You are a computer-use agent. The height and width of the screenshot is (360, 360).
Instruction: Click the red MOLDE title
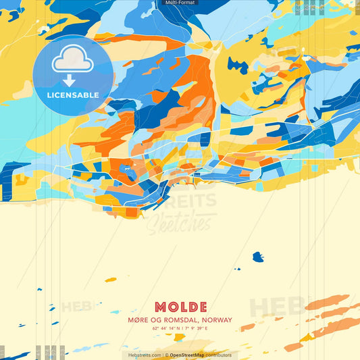[180, 307]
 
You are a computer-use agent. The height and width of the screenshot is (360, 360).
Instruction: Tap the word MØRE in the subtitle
[136, 320]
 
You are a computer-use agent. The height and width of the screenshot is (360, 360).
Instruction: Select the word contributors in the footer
[219, 355]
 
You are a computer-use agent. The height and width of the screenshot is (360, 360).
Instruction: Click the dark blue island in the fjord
[257, 257]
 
